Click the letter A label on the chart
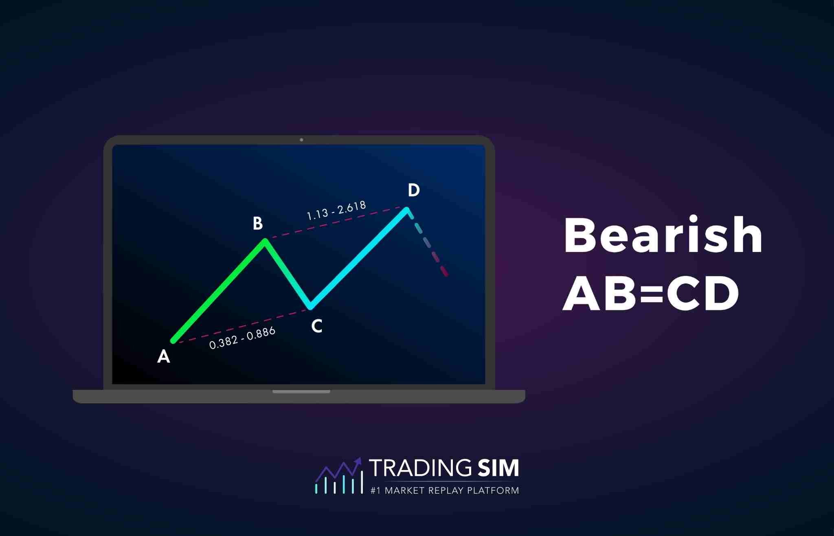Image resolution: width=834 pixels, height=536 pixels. pyautogui.click(x=163, y=356)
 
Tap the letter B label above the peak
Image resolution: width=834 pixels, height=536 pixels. pyautogui.click(x=257, y=223)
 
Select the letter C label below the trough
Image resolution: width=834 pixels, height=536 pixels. pyautogui.click(x=316, y=326)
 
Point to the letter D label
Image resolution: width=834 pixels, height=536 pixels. pyautogui.click(x=413, y=190)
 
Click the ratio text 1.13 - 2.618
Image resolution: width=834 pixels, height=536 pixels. pyautogui.click(x=336, y=210)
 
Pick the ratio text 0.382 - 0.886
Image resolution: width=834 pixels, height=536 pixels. pyautogui.click(x=242, y=338)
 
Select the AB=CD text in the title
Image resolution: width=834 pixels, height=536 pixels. pyautogui.click(x=650, y=293)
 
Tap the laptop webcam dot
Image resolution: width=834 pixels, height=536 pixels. pyautogui.click(x=301, y=140)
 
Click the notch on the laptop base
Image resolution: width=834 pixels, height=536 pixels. pyautogui.click(x=301, y=391)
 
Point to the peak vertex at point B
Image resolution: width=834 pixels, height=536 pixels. pyautogui.click(x=265, y=241)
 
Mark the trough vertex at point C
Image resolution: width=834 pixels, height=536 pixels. pyautogui.click(x=310, y=307)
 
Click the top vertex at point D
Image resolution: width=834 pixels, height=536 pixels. pyautogui.click(x=406, y=210)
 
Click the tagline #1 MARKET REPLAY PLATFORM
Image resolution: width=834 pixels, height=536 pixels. pyautogui.click(x=445, y=490)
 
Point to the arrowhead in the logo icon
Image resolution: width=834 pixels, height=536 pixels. pyautogui.click(x=358, y=461)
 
